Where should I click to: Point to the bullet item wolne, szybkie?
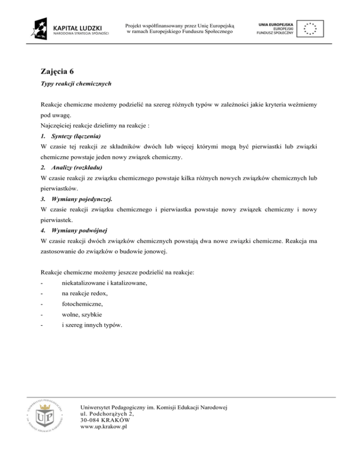coord(82,319)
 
